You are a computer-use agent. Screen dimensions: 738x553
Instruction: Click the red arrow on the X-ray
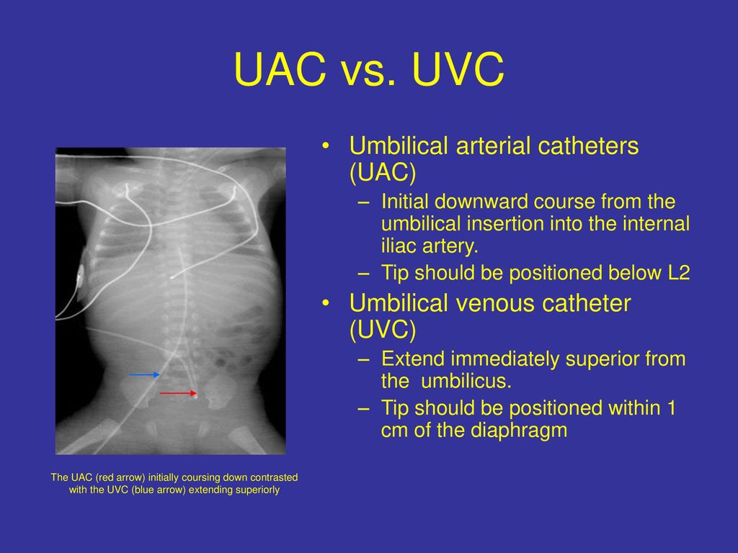[x=179, y=392]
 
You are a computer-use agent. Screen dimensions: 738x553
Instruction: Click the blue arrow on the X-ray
[x=144, y=374]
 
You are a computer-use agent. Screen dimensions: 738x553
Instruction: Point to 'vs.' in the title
[x=369, y=73]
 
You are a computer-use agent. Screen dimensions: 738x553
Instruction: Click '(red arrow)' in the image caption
[x=120, y=478]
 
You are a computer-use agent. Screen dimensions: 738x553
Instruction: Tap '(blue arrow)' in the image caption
[x=156, y=490]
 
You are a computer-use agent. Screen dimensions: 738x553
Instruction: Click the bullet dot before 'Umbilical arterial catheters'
[x=326, y=146]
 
